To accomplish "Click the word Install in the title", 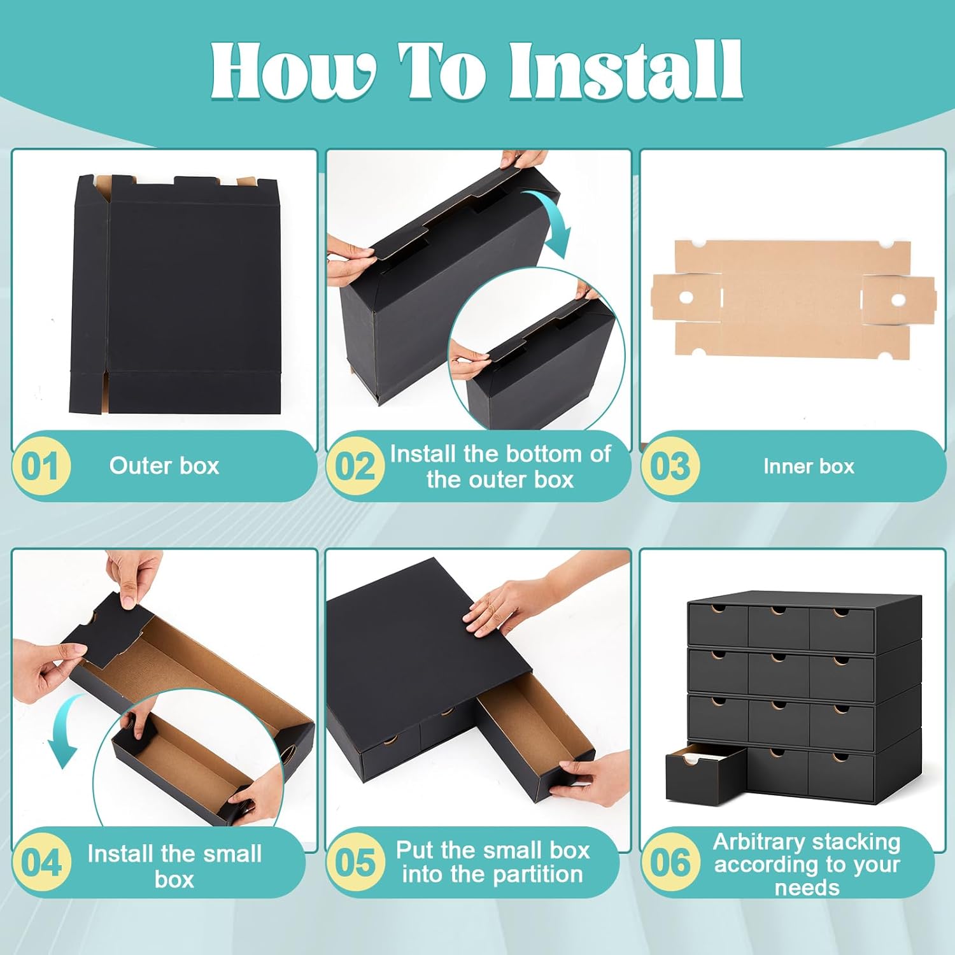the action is (625, 71).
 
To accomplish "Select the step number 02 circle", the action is (355, 466).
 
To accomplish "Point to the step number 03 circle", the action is (670, 466).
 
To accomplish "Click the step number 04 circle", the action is (41, 863).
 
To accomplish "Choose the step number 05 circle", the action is (355, 863).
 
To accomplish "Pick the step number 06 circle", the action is (670, 863).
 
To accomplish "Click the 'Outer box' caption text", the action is (164, 465).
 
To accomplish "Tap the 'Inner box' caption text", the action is (809, 466).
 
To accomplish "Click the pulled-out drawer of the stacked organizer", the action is (705, 773).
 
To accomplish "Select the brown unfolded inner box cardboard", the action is (793, 298).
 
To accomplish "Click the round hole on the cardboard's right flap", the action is (897, 299).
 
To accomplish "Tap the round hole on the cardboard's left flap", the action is (686, 297).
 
